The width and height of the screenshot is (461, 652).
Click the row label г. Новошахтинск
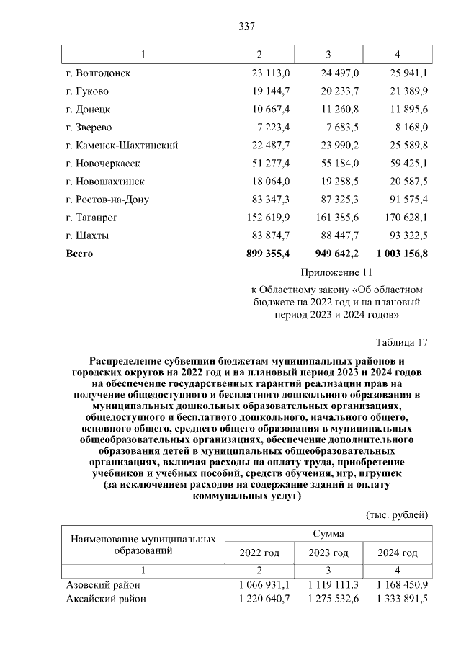click(104, 182)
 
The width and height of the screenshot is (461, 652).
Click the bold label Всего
click(79, 254)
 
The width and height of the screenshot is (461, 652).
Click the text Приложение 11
click(336, 273)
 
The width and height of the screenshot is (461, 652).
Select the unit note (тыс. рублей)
click(397, 514)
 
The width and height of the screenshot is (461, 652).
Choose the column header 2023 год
click(328, 553)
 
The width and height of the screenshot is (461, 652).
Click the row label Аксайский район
click(106, 599)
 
